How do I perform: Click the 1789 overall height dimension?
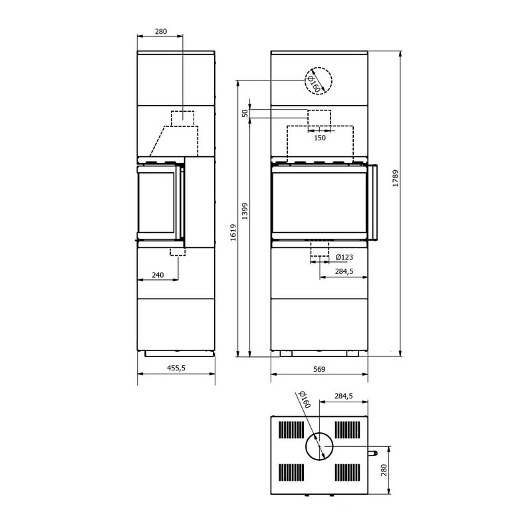coord(395,178)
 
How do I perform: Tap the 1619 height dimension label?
coord(233,232)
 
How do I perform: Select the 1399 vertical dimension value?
coord(245,211)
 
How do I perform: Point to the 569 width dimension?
coord(319,369)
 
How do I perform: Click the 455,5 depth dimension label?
coord(176,368)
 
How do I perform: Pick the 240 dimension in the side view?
coord(158,275)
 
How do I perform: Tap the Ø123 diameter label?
coord(344,257)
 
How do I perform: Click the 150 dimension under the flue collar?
coord(320,138)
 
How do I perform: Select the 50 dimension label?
coord(245,113)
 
